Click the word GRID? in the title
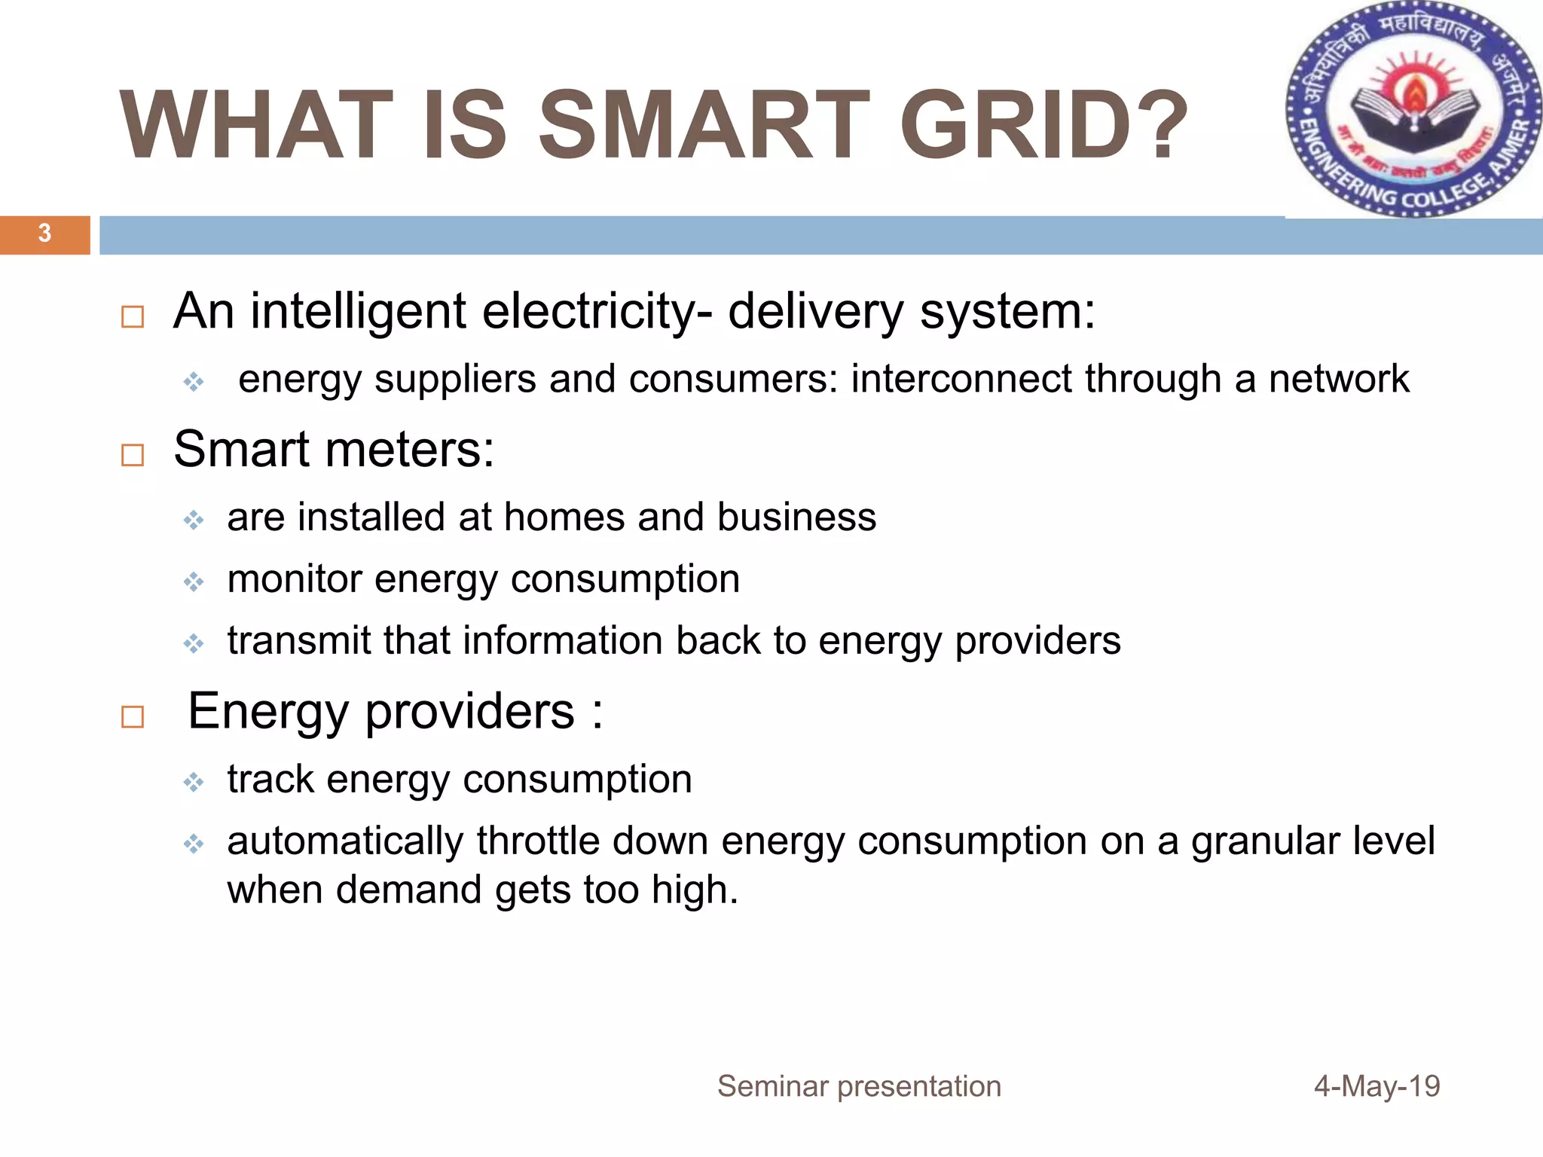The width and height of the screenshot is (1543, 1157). [1043, 125]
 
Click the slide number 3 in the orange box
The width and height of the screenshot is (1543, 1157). [44, 234]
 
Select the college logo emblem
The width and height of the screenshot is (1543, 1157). [1413, 110]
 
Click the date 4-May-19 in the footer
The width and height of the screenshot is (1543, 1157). [1376, 1086]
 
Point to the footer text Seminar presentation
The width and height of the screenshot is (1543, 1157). [859, 1086]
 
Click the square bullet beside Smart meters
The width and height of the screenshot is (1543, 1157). [133, 455]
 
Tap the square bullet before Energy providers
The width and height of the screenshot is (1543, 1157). [133, 716]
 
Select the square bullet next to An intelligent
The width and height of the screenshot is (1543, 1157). [133, 316]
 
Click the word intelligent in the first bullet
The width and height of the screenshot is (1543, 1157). [359, 311]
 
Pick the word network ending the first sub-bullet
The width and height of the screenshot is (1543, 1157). [1339, 378]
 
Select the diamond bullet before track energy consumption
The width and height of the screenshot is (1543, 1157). [194, 782]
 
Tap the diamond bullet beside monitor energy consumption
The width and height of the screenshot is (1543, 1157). [194, 582]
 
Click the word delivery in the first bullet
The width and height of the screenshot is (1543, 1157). [816, 311]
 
